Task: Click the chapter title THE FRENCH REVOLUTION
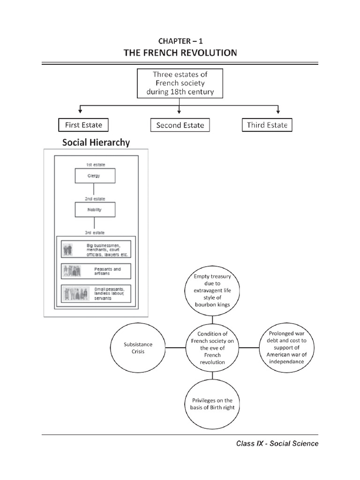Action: click(x=180, y=53)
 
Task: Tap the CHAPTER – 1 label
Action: click(x=180, y=41)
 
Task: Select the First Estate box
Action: click(x=83, y=125)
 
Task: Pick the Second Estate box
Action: click(x=180, y=125)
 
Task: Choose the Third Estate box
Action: click(x=267, y=125)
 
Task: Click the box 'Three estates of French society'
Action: click(x=180, y=83)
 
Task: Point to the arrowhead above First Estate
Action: click(x=80, y=111)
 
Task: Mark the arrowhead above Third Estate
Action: click(x=278, y=111)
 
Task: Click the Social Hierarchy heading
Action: click(x=96, y=142)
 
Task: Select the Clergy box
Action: click(x=95, y=176)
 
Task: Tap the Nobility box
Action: click(x=95, y=210)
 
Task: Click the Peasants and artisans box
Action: click(x=96, y=271)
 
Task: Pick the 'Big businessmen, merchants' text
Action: click(x=107, y=250)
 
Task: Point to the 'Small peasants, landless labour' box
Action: click(x=96, y=294)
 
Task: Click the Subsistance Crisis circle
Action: click(x=138, y=348)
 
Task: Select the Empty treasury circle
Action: click(x=212, y=291)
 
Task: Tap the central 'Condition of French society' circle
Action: click(x=212, y=348)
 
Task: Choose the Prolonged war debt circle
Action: click(x=286, y=348)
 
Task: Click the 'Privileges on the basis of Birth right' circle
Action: click(x=212, y=404)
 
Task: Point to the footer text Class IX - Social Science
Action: click(x=277, y=443)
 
